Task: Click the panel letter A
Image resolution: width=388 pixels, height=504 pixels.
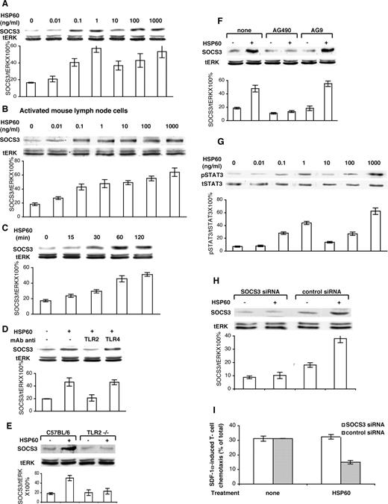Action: [6, 5]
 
